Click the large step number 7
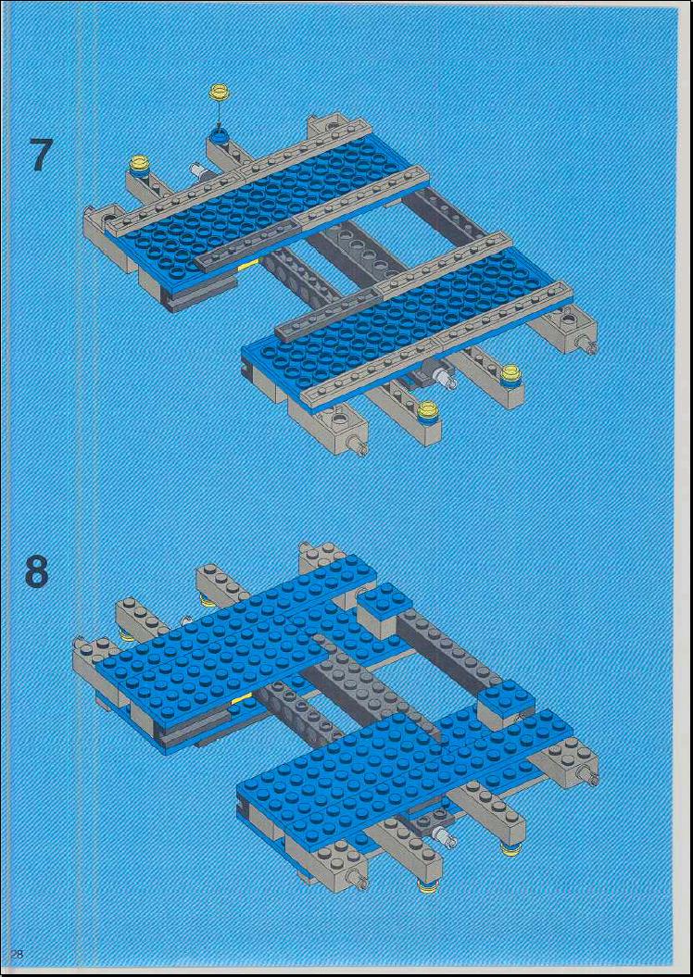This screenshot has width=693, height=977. point(40,155)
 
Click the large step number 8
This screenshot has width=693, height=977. point(37,571)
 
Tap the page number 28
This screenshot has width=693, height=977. point(16,953)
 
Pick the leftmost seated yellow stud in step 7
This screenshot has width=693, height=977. point(138,166)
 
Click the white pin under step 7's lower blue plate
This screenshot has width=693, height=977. point(446,376)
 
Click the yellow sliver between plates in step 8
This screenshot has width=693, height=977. point(240,698)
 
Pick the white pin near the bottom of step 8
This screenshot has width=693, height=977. point(447,836)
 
